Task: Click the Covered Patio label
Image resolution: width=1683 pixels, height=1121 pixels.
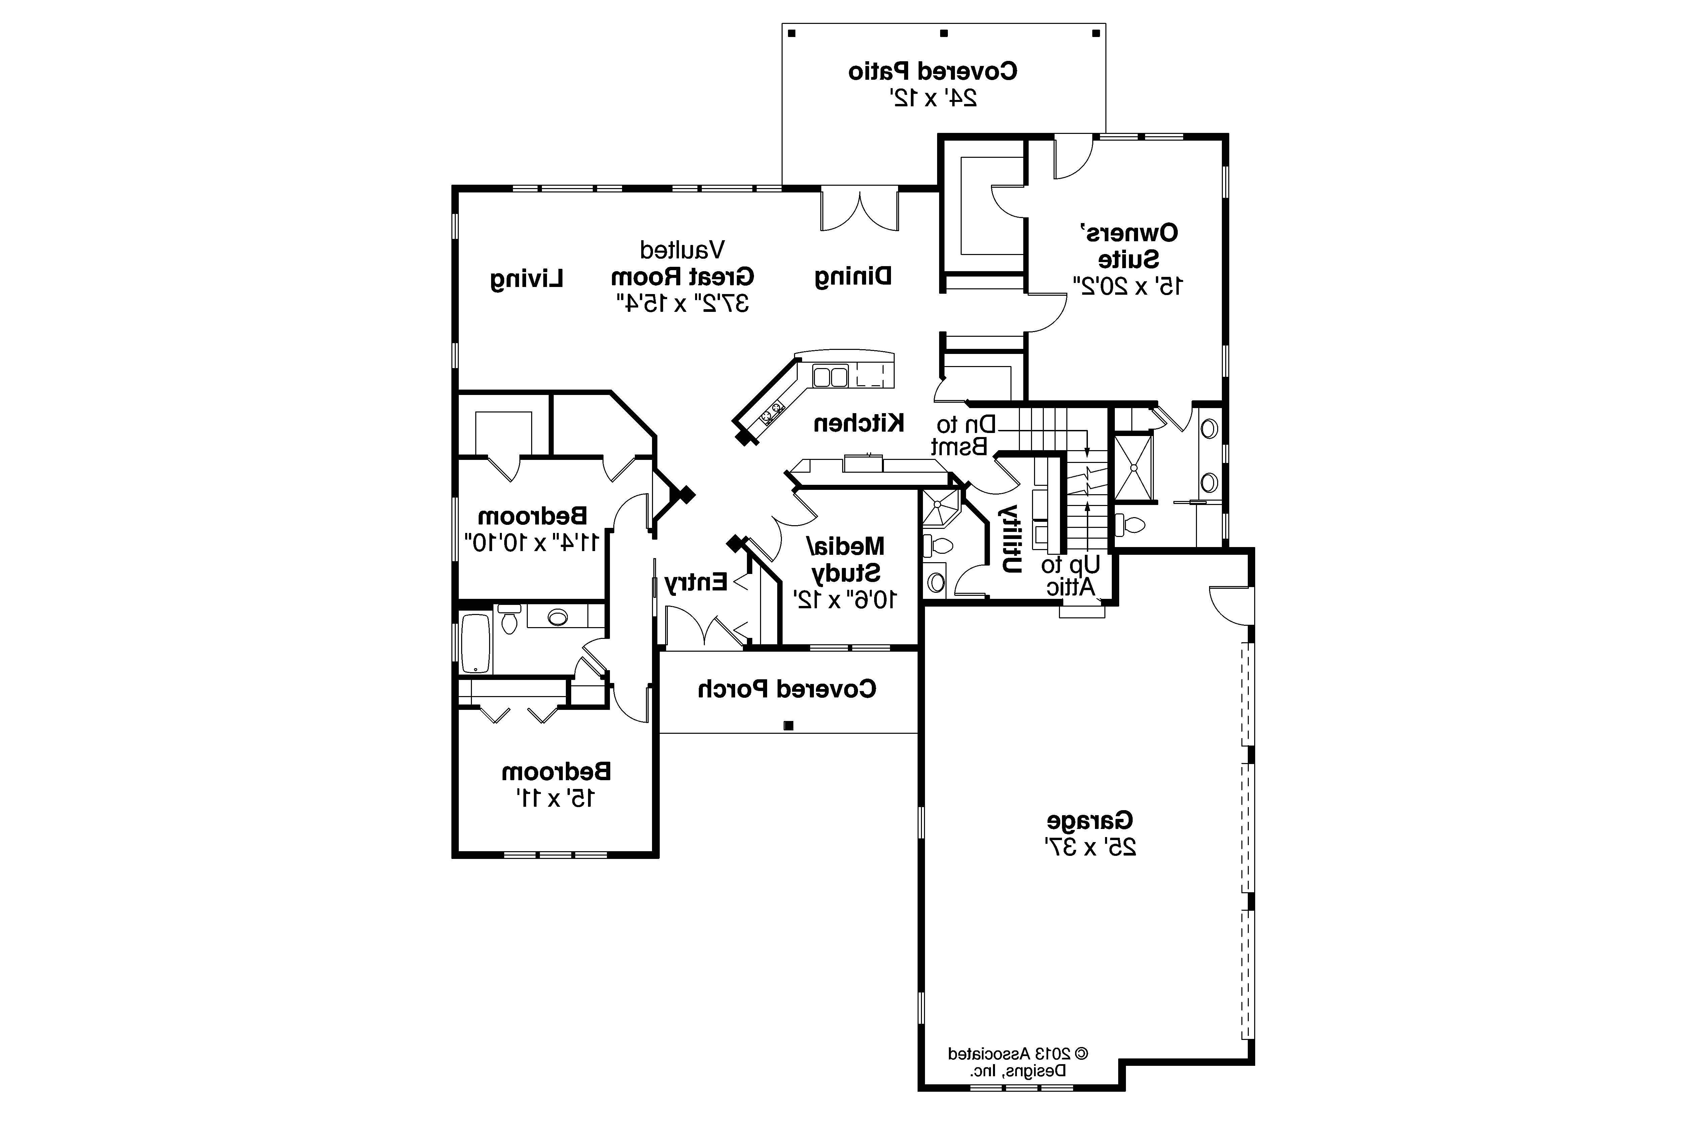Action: coord(933,71)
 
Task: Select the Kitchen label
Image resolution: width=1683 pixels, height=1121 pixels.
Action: coord(858,423)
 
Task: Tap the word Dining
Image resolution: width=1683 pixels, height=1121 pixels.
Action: coord(853,277)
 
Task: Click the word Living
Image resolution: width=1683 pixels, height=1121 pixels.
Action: coord(527,279)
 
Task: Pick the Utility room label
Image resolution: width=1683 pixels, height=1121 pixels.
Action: coord(1009,538)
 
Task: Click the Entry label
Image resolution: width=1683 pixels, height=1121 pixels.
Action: coord(695,583)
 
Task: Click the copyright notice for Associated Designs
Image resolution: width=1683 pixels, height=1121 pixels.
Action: coord(1018,1062)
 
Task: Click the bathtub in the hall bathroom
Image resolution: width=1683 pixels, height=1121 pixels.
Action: coord(476,643)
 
